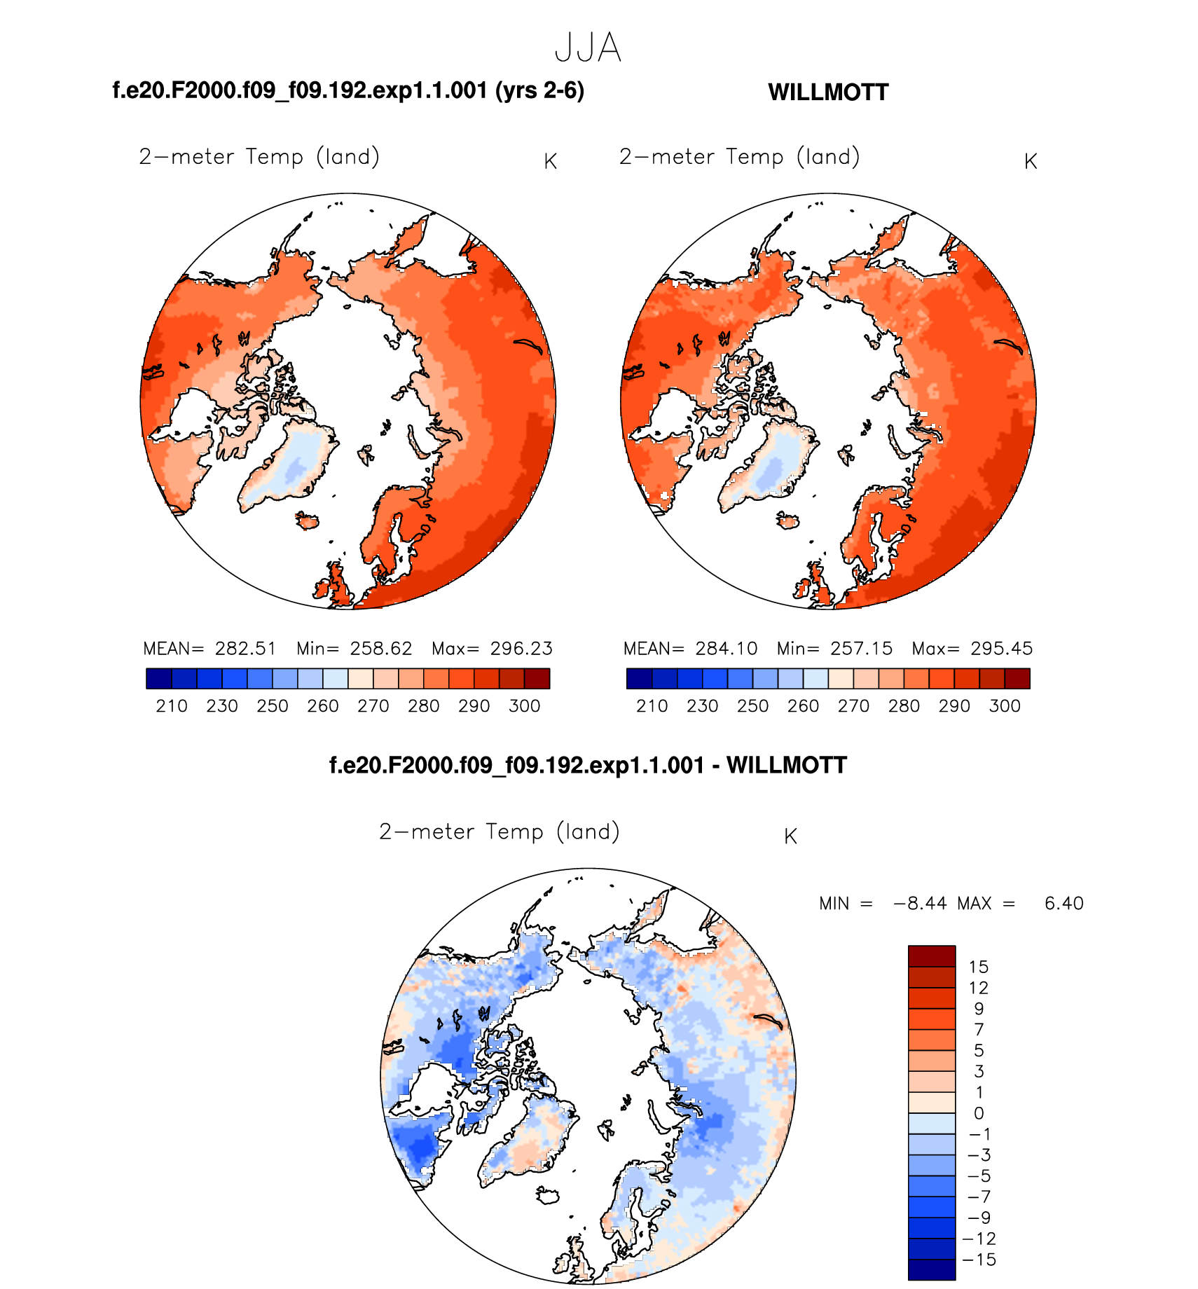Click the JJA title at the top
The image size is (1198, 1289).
click(588, 48)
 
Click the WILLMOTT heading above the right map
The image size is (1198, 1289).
click(828, 92)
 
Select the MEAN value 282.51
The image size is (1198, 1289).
click(245, 649)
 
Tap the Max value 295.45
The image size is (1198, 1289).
click(1001, 649)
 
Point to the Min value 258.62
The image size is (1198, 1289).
click(381, 649)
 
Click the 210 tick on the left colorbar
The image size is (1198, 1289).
click(172, 706)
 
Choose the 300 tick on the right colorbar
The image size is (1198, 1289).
click(1005, 706)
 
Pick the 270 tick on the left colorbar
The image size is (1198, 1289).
click(373, 706)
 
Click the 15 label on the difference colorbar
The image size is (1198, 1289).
click(978, 967)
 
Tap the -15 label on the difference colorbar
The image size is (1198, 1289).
click(979, 1260)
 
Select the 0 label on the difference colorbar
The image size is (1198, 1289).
click(979, 1113)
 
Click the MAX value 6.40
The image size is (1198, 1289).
click(1063, 904)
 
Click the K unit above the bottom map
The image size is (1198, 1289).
click(790, 836)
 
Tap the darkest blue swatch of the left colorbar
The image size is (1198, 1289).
click(159, 679)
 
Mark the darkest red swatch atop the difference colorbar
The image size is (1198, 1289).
click(932, 956)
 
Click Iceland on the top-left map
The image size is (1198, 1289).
click(308, 521)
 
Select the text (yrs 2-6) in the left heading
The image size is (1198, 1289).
click(539, 91)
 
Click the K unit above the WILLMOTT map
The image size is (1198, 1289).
click(1030, 162)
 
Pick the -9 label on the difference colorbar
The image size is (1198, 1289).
click(979, 1218)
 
